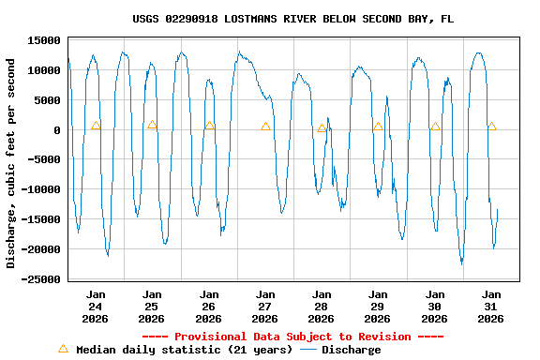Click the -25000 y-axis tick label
[x=41, y=279]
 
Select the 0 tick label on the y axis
[x=57, y=130]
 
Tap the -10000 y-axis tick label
[x=41, y=190]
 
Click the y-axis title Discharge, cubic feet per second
[x=11, y=163]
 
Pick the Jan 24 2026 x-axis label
[x=96, y=307]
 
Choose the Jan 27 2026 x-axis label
[x=265, y=307]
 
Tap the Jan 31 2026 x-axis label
[x=491, y=307]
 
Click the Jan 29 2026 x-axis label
[x=378, y=307]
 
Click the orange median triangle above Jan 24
[x=96, y=126]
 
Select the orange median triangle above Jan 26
[x=209, y=125]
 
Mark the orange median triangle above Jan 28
[x=322, y=128]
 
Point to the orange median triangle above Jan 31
[x=491, y=127]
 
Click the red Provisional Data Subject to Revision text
[x=292, y=337]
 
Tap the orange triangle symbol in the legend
[x=63, y=349]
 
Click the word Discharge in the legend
[x=352, y=350]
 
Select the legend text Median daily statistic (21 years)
[x=183, y=350]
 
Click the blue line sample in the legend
[x=308, y=350]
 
